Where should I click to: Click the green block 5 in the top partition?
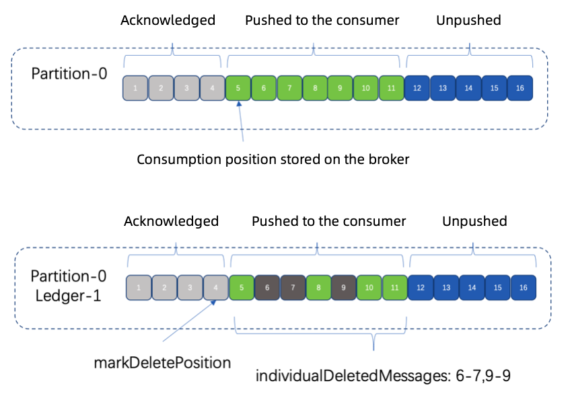pyautogui.click(x=238, y=88)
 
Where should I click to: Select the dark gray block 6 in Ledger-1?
pyautogui.click(x=267, y=288)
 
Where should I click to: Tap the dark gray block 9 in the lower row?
pyautogui.click(x=344, y=288)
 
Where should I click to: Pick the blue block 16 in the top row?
pyautogui.click(x=520, y=88)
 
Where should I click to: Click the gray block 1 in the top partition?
pyautogui.click(x=135, y=88)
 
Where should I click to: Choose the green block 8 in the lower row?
pyautogui.click(x=318, y=288)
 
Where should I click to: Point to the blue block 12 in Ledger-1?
pyautogui.click(x=421, y=288)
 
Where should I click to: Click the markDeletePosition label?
pyautogui.click(x=162, y=363)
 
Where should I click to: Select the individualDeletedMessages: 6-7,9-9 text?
pyautogui.click(x=383, y=376)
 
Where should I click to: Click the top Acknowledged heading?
pyautogui.click(x=168, y=20)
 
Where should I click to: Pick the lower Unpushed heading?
pyautogui.click(x=474, y=221)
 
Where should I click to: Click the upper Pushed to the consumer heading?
pyautogui.click(x=322, y=20)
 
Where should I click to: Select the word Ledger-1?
pyautogui.click(x=66, y=294)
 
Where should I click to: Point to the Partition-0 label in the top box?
pyautogui.click(x=69, y=73)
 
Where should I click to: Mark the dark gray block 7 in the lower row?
pyautogui.click(x=293, y=288)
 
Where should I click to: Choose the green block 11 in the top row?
pyautogui.click(x=391, y=88)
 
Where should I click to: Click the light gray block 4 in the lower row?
pyautogui.click(x=216, y=288)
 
